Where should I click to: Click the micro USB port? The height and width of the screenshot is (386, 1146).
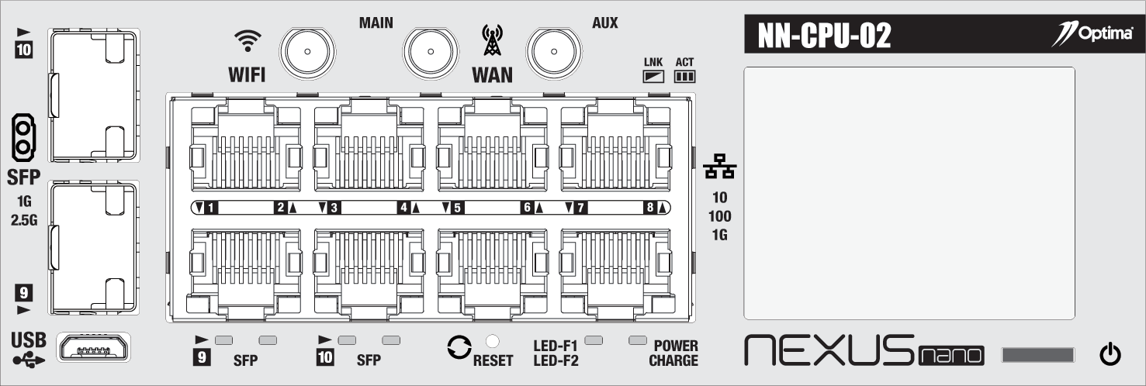[94, 347]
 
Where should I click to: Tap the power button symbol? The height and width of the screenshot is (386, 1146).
[1110, 354]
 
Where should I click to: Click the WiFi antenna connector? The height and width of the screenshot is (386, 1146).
[307, 52]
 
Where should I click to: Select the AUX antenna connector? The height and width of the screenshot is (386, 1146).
[553, 52]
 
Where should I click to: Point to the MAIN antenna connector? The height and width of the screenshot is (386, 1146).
[431, 52]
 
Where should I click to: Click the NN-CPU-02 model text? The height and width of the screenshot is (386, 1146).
[824, 36]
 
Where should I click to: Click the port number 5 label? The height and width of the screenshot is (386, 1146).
[457, 208]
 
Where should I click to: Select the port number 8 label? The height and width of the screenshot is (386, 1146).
[650, 208]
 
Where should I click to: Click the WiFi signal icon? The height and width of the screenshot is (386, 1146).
[248, 40]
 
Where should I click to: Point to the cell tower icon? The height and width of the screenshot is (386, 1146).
[492, 40]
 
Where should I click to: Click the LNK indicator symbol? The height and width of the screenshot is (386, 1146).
[653, 77]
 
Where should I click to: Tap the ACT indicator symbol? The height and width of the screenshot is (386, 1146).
[684, 77]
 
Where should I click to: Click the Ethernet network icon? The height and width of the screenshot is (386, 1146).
[720, 166]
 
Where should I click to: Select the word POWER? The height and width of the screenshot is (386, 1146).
[676, 346]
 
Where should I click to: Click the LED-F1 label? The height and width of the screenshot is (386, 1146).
[555, 346]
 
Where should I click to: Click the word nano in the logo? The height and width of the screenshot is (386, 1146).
[951, 356]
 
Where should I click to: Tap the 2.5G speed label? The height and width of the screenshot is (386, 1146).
[24, 220]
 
